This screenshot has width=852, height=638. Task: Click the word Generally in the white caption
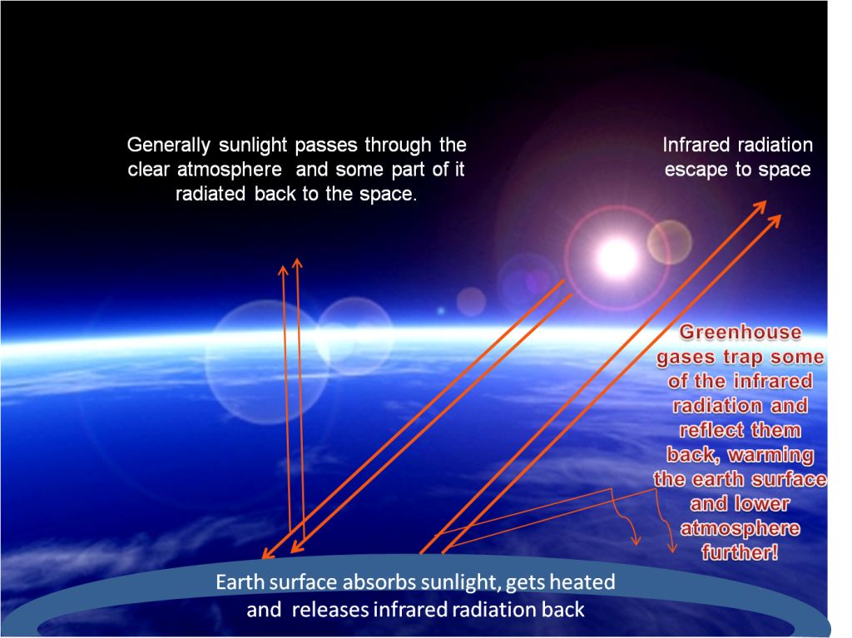(x=168, y=146)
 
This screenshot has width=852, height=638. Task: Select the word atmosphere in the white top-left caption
(x=230, y=170)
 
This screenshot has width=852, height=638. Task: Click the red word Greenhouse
(x=740, y=332)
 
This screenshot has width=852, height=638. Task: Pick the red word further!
(x=740, y=552)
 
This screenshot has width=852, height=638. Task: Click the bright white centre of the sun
(x=617, y=258)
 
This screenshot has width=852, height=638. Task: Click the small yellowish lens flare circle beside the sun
(x=670, y=242)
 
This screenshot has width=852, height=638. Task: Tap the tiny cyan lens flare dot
(x=441, y=311)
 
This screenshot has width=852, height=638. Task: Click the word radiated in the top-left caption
(x=211, y=194)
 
